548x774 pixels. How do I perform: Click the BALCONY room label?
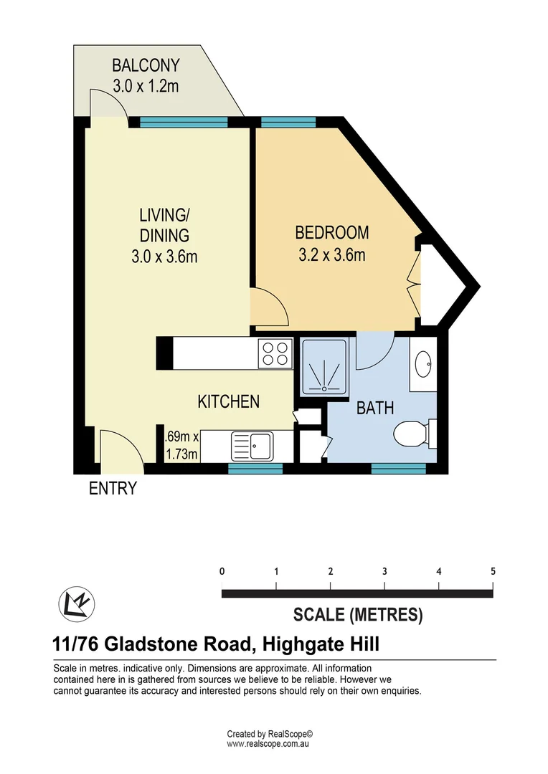pos(146,67)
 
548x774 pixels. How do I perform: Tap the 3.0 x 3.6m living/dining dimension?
pos(164,256)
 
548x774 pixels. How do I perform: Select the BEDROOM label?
pos(332,233)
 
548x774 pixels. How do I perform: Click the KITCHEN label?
pos(228,402)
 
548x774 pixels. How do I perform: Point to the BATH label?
pos(375,408)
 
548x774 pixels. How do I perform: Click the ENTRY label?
pos(113,489)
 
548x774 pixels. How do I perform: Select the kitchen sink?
pos(251,446)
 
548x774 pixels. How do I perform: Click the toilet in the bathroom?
pos(412,433)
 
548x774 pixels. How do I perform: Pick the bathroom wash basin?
pos(423,365)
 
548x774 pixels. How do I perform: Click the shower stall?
pos(326,365)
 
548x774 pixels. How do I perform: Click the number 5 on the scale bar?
pos(493,572)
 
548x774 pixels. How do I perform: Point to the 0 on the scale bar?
pos(222,572)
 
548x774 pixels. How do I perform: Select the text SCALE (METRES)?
pos(358,614)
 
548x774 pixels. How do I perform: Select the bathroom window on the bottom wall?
pos(398,468)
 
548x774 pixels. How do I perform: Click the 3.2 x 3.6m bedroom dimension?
pos(332,254)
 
